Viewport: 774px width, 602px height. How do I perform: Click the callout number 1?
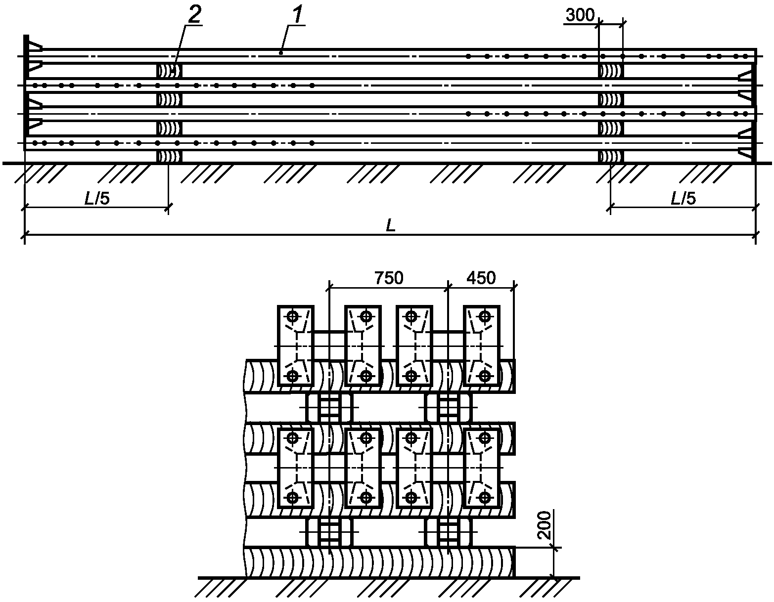click(x=298, y=14)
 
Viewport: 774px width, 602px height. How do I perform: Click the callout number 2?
click(x=194, y=14)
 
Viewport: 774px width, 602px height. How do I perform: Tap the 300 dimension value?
click(x=580, y=15)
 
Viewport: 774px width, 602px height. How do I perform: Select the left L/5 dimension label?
click(x=97, y=198)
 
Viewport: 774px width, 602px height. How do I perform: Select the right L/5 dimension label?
click(x=683, y=198)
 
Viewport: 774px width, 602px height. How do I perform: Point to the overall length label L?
click(x=391, y=225)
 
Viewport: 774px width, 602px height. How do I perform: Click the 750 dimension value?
click(x=389, y=278)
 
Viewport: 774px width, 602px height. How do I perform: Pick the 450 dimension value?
click(x=481, y=278)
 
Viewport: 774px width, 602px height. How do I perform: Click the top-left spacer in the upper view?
click(x=169, y=71)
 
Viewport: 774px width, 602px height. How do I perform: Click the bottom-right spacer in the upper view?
click(x=611, y=157)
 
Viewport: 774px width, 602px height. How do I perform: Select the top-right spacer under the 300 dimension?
click(x=611, y=71)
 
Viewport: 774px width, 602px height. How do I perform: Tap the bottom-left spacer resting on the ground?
click(x=169, y=157)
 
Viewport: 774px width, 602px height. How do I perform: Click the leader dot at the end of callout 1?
click(x=281, y=53)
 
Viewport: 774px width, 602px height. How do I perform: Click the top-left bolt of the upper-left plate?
click(x=293, y=316)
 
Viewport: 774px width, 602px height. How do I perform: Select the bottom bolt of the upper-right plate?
click(x=484, y=376)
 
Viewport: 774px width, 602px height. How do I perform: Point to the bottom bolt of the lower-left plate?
click(x=293, y=497)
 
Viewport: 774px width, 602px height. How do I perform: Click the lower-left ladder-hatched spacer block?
click(x=329, y=531)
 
